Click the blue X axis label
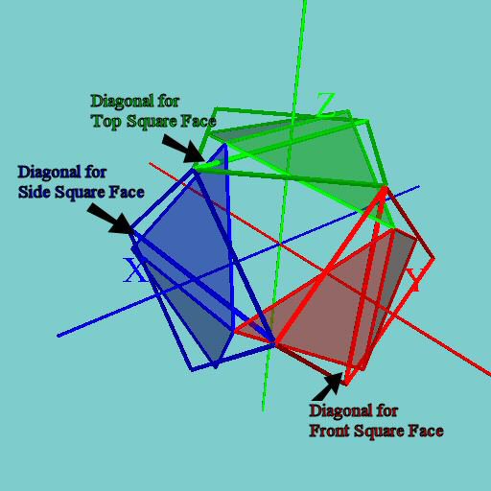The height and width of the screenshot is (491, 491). (134, 270)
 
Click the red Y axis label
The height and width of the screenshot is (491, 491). (414, 279)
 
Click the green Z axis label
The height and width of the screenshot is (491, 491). (326, 103)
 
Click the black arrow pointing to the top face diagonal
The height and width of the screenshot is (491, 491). (183, 148)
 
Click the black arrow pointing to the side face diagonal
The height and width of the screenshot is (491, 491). (110, 219)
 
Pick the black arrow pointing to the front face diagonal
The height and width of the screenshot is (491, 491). (328, 386)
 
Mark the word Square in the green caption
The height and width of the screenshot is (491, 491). (152, 122)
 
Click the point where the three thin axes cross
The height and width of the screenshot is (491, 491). (280, 245)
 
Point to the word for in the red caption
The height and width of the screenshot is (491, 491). (387, 411)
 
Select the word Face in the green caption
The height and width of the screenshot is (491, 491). (199, 122)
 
